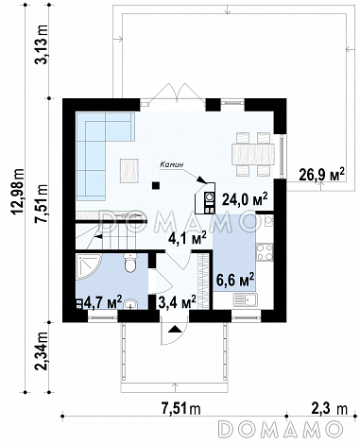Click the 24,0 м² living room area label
pyautogui.click(x=245, y=198)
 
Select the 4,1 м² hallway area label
pyautogui.click(x=187, y=239)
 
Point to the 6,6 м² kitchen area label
pyautogui.click(x=235, y=280)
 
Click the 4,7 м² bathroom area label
pyautogui.click(x=102, y=302)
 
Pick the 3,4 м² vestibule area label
pyautogui.click(x=177, y=302)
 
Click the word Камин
pyautogui.click(x=171, y=164)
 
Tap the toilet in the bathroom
pyautogui.click(x=130, y=264)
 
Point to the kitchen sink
pyautogui.click(x=245, y=299)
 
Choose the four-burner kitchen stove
pyautogui.click(x=265, y=252)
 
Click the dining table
pyautogui.click(x=253, y=154)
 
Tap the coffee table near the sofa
pyautogui.click(x=129, y=170)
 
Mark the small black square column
pyautogui.click(x=155, y=186)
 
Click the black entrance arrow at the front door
pyautogui.click(x=175, y=329)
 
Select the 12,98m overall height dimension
pyautogui.click(x=18, y=195)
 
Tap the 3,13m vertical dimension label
pyautogui.click(x=42, y=44)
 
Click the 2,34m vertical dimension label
pyautogui.click(x=42, y=351)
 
